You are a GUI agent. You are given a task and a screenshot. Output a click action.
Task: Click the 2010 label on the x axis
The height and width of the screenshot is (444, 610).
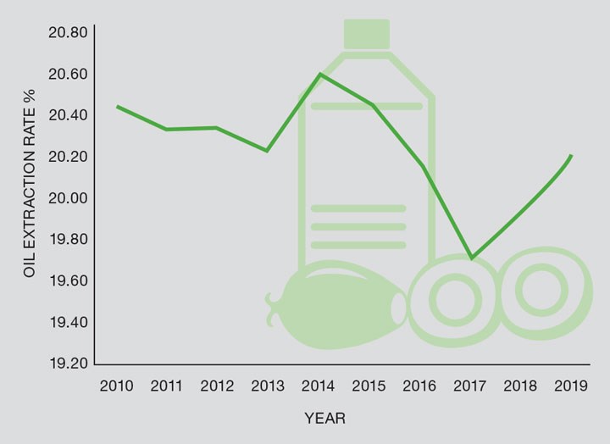pos(116,386)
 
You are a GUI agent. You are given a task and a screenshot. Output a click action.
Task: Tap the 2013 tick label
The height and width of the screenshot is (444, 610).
pos(269,386)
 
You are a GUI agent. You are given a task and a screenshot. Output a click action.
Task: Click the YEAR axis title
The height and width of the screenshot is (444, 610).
pos(325,419)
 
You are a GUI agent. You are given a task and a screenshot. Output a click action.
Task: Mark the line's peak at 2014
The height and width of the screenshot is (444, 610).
pos(319,74)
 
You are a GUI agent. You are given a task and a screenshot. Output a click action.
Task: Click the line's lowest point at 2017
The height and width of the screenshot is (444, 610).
pos(471,258)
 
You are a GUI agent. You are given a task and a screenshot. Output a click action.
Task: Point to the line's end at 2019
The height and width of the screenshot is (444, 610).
pos(572,156)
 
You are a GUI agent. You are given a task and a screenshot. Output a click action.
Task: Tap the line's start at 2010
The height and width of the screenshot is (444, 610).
pos(117,106)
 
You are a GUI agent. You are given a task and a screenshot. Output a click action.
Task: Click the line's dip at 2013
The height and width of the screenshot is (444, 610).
pos(268,151)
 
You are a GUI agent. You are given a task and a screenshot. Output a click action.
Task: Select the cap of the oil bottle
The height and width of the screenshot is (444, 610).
pos(366,35)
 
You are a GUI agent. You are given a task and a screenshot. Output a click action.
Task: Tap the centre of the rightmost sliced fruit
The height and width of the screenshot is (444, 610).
pos(540,291)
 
